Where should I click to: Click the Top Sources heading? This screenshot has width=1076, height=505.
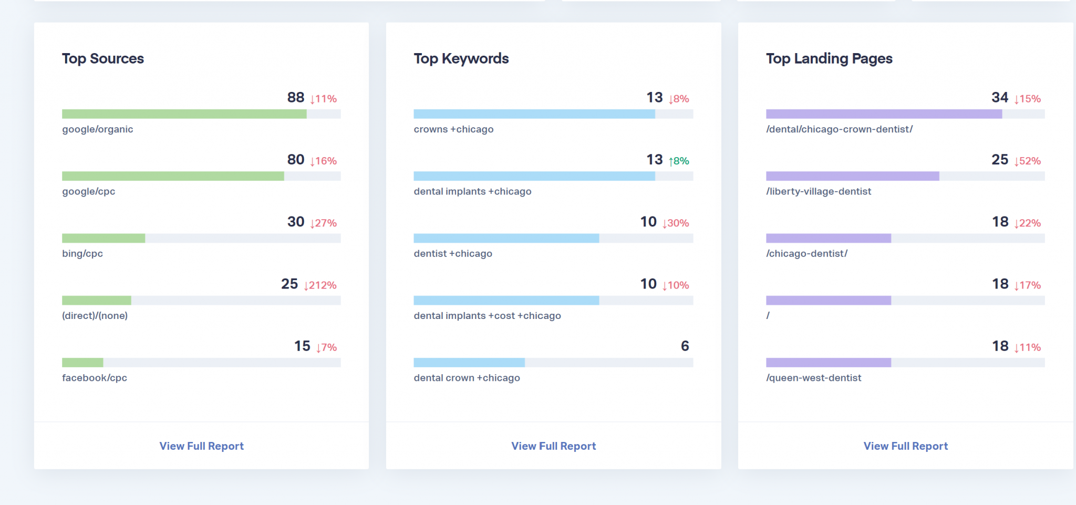(103, 58)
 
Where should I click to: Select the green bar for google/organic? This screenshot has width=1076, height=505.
(184, 114)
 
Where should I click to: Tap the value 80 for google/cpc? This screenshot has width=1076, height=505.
(296, 160)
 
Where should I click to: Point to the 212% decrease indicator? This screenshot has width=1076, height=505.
(320, 285)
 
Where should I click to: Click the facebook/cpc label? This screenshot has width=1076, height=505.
(95, 378)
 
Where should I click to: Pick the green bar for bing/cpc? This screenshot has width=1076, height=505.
(104, 238)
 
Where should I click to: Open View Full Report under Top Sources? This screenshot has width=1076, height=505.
(201, 446)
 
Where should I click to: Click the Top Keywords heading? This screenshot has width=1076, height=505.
(461, 58)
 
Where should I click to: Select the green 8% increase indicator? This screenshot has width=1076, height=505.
(678, 161)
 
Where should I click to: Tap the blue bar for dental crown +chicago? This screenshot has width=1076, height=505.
(469, 363)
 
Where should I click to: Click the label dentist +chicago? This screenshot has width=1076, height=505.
(453, 254)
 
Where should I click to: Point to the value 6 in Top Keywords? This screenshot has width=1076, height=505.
(685, 346)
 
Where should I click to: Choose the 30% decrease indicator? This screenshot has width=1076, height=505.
(675, 223)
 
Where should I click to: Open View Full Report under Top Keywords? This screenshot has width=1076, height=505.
(554, 446)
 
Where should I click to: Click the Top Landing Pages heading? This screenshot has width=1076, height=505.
(829, 58)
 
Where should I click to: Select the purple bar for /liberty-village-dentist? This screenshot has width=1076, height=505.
(852, 176)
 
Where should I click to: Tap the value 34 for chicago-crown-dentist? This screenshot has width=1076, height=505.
(999, 98)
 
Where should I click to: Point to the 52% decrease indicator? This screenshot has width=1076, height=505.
(1027, 161)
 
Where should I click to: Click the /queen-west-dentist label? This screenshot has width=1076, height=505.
(813, 378)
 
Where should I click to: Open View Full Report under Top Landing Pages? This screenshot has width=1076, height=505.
(906, 446)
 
